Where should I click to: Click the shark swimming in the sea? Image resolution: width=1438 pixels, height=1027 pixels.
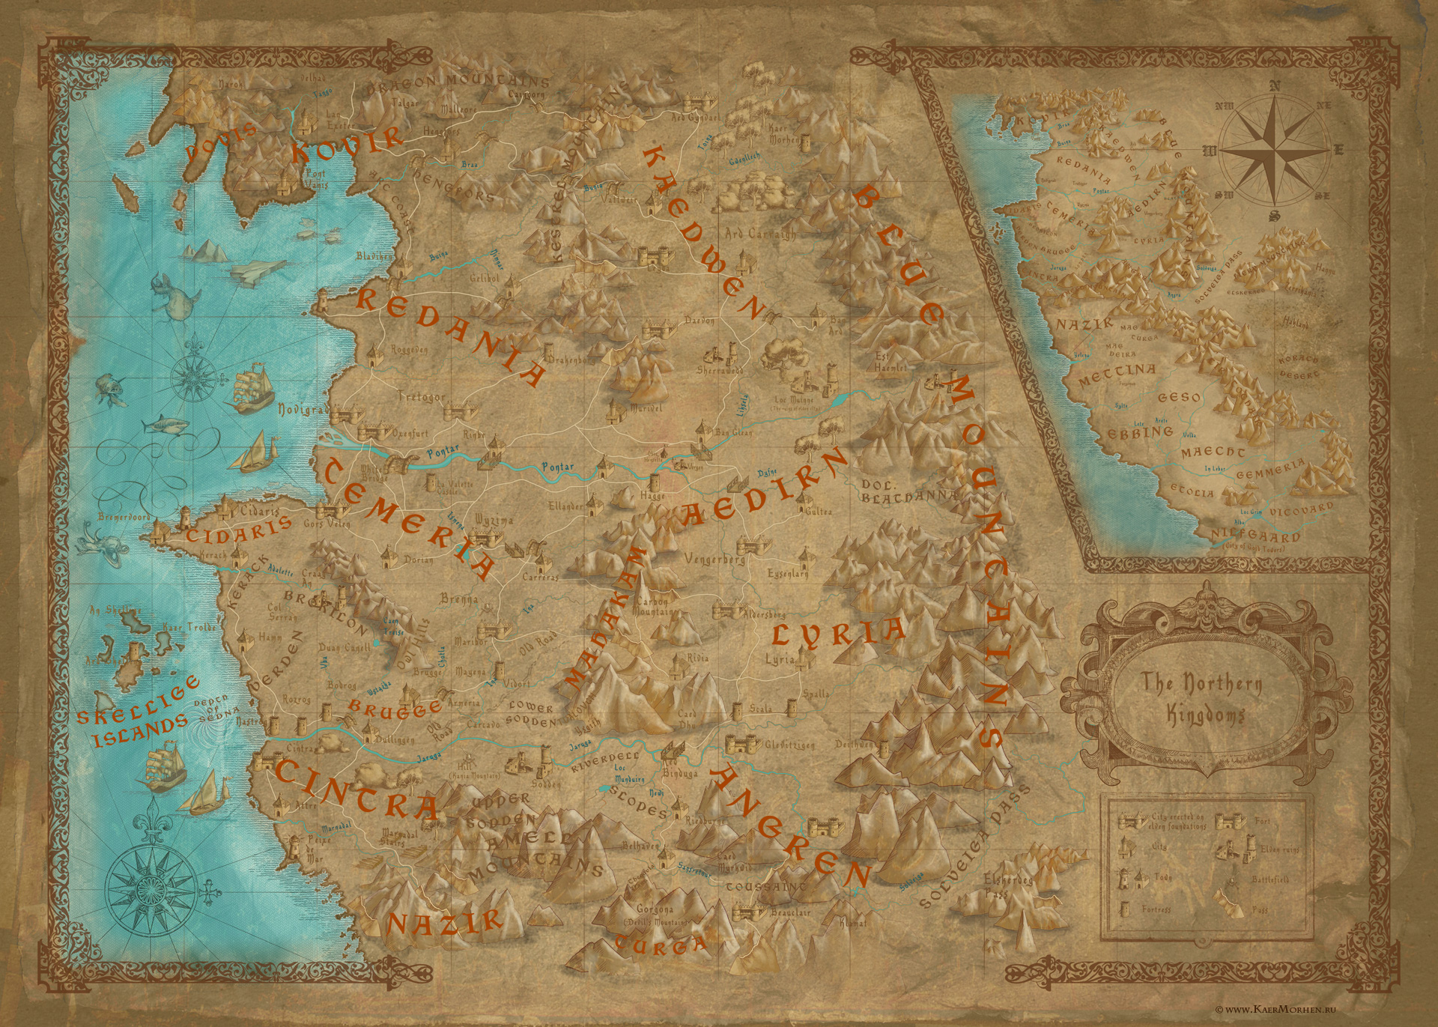(169, 427)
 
